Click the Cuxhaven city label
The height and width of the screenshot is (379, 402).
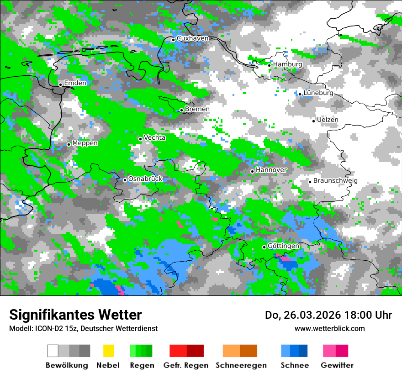pos(192,38)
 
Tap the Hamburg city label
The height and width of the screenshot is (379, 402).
pos(288,64)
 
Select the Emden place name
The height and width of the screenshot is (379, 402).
pos(75,83)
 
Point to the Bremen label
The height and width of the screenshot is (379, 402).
pos(197,109)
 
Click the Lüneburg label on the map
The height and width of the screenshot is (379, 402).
pos(318,93)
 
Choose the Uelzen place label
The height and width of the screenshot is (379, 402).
pos(328,120)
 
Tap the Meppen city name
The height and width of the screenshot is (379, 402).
pos(85,143)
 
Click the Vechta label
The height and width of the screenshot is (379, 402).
pos(155,137)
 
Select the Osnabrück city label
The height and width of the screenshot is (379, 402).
pos(145,179)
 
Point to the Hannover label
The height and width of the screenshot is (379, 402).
pos(271,170)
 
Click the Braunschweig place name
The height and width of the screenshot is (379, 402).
pos(335,180)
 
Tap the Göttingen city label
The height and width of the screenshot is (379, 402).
pos(283,246)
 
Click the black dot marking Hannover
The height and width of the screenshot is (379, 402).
pos(252,171)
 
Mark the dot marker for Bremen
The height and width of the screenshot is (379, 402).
pos(181,110)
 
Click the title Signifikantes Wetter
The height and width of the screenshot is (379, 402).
pos(75,315)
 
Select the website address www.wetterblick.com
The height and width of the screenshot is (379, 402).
pos(330,328)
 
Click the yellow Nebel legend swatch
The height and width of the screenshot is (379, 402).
pos(108,351)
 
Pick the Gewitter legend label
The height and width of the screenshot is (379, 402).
pos(337,365)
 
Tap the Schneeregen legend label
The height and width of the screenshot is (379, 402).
pos(241,365)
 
